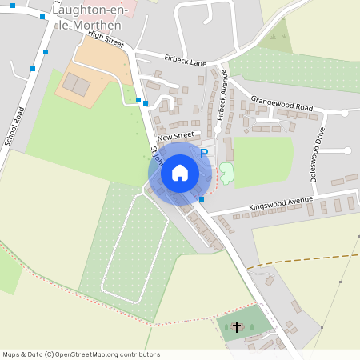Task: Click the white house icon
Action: coord(180,173)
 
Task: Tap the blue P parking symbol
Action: coord(204,152)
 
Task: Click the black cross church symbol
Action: coord(236,326)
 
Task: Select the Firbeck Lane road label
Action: coord(185,60)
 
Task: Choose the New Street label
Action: coord(176,138)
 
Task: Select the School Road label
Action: coord(16,126)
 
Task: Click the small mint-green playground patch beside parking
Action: coord(226,171)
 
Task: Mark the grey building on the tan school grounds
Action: coord(77,83)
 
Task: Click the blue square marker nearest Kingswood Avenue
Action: coord(202,198)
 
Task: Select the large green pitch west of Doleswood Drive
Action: coord(264,160)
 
